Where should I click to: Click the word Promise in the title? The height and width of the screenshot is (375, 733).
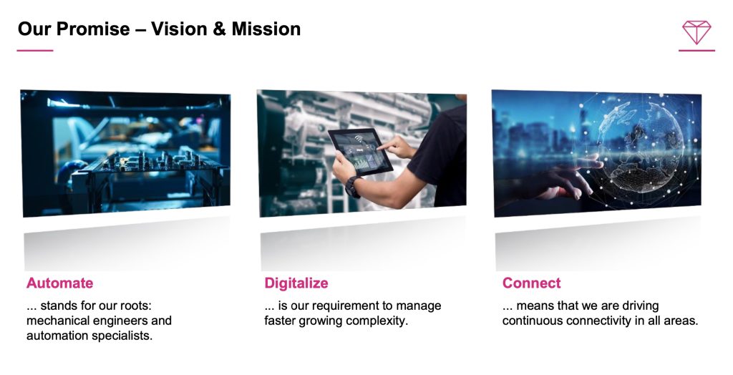coord(94,29)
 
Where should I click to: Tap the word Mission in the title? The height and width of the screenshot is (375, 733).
coord(266,29)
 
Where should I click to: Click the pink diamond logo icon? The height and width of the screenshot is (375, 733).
coord(696,32)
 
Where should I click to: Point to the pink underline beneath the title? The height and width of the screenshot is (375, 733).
coord(35,51)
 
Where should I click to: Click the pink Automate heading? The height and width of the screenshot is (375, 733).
coord(60,283)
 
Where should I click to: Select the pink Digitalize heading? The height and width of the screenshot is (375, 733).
coord(296,283)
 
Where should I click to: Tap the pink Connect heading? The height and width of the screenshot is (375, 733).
coord(532,283)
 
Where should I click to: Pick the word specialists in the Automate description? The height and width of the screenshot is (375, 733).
coord(125,336)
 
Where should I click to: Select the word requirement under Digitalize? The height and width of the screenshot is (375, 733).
coord(345,306)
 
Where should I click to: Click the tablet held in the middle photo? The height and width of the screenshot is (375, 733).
coord(360,152)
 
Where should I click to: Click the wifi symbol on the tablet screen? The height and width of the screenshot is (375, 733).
coord(359,140)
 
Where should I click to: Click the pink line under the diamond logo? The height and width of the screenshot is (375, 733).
coord(696,51)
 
